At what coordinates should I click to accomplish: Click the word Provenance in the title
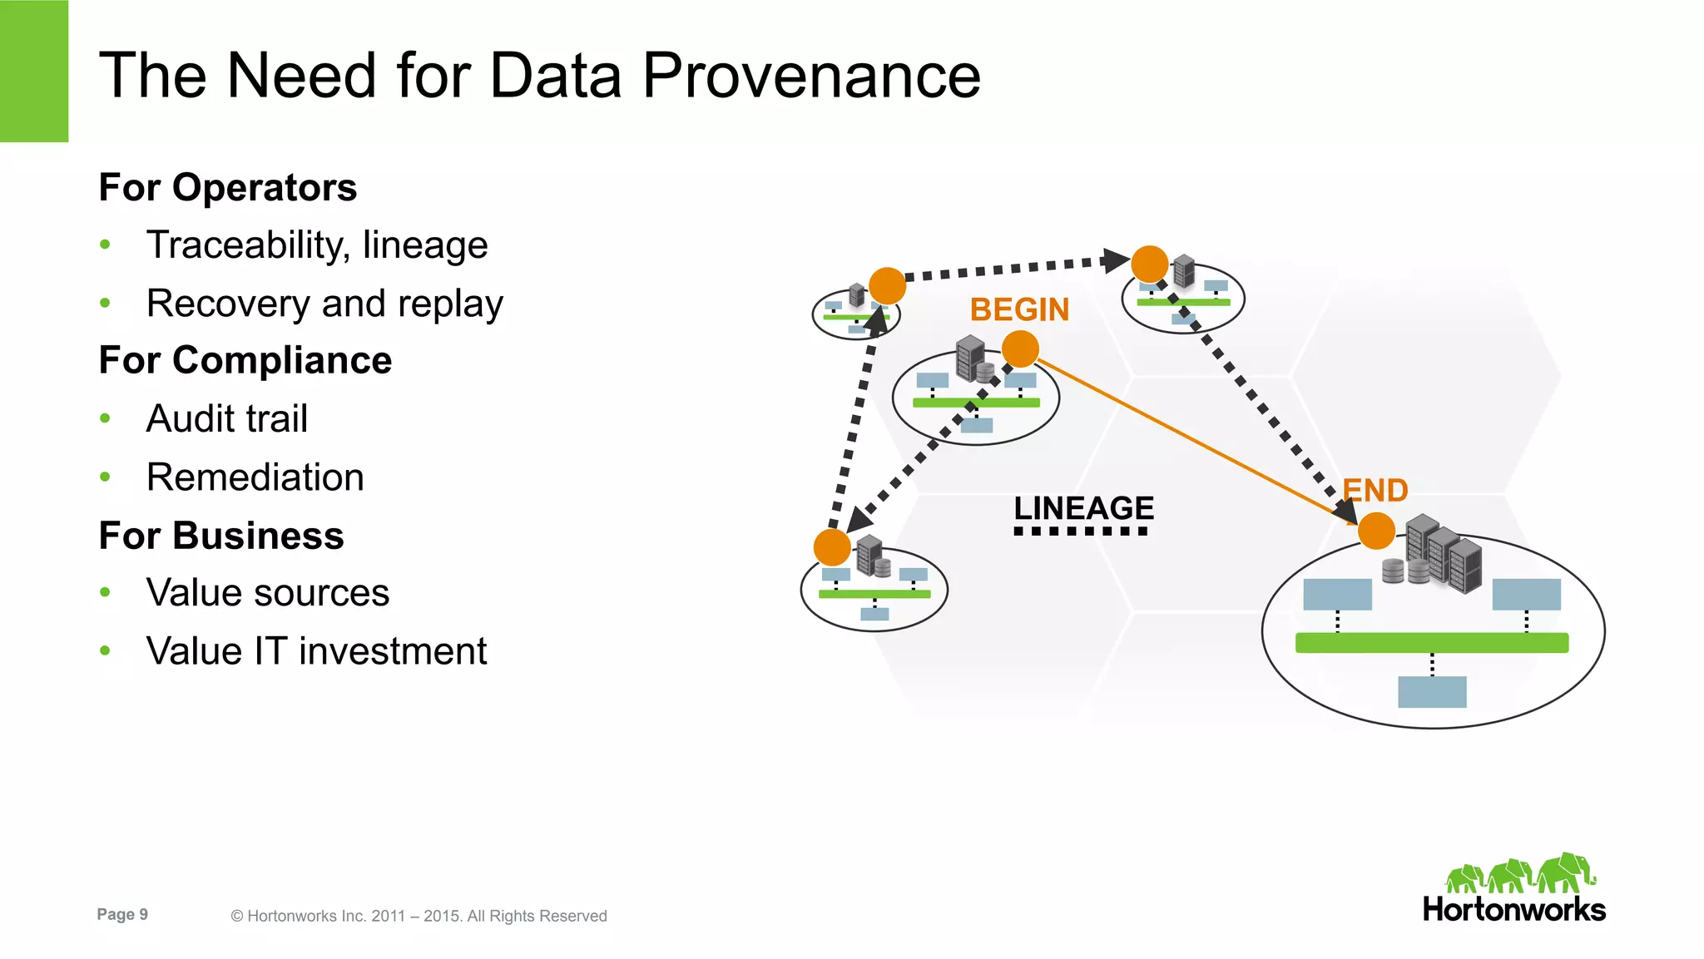[811, 76]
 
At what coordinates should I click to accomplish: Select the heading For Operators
[227, 187]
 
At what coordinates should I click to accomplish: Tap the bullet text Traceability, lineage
[316, 245]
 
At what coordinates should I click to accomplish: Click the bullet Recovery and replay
[324, 304]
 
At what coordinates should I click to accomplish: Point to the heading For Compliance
[245, 360]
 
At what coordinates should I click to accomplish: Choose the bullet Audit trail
[226, 418]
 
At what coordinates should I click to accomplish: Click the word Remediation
[255, 477]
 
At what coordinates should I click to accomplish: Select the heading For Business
[220, 536]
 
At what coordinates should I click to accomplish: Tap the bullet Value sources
[267, 593]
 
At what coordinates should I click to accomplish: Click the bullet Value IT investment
[316, 651]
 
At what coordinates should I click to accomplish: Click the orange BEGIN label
[1019, 310]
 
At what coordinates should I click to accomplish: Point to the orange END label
[1375, 490]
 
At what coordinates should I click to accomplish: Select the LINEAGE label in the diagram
[1083, 508]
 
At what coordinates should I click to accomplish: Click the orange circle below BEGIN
[1020, 349]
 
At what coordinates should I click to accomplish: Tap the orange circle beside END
[1376, 531]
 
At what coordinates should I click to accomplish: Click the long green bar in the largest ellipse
[1431, 642]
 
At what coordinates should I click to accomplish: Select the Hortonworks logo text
[1513, 909]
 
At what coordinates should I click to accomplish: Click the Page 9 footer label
[122, 914]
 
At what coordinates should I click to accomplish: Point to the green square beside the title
[33, 71]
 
